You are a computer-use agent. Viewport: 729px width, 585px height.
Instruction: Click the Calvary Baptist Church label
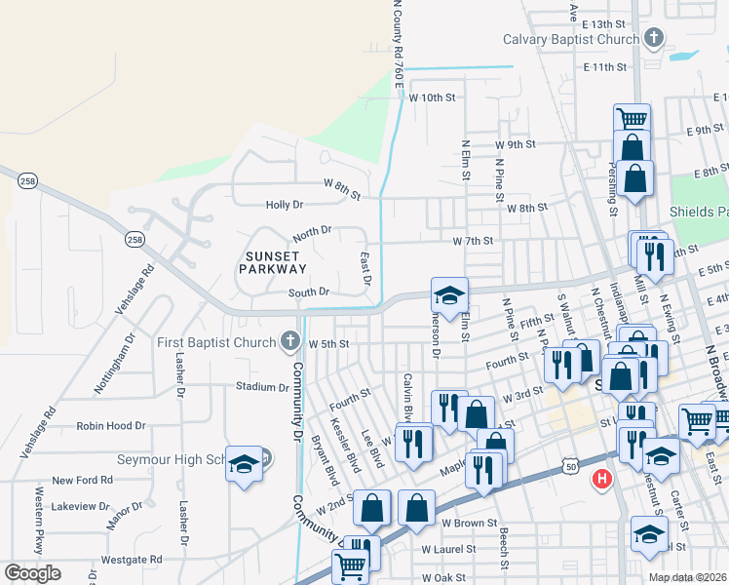(570, 39)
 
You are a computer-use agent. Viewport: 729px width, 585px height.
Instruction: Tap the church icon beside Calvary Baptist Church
(654, 39)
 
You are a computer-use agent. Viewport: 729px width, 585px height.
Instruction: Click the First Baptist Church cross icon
(288, 341)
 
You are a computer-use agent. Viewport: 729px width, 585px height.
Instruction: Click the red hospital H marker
(602, 479)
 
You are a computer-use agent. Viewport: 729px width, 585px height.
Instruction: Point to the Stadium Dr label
(261, 387)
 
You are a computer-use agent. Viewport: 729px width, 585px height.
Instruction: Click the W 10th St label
(432, 97)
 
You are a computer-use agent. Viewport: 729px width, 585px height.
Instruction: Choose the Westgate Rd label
(131, 560)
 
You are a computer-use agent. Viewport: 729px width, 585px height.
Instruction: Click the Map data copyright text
(687, 577)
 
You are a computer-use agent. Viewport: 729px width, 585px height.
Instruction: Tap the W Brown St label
(469, 524)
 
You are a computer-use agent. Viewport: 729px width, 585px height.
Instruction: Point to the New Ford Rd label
(83, 480)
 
